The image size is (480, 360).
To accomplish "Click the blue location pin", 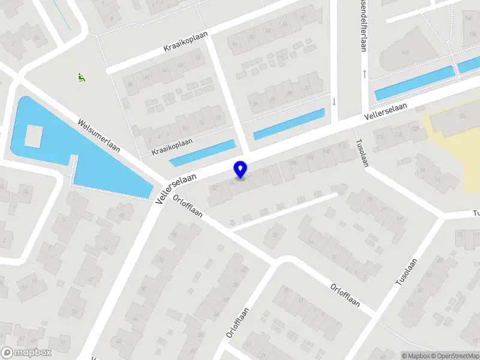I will point(241,169).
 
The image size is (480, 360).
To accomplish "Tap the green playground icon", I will point(81,77).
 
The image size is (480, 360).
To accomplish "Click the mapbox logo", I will point(25,353).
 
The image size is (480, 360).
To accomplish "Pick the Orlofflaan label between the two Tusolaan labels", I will point(345,294).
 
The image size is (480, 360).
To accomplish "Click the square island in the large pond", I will point(34,136).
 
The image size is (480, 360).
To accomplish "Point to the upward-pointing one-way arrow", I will point(365,74).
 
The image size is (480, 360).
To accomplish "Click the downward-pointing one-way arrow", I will point(334,101).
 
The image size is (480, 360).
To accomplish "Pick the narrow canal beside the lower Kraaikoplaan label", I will point(202,153).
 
